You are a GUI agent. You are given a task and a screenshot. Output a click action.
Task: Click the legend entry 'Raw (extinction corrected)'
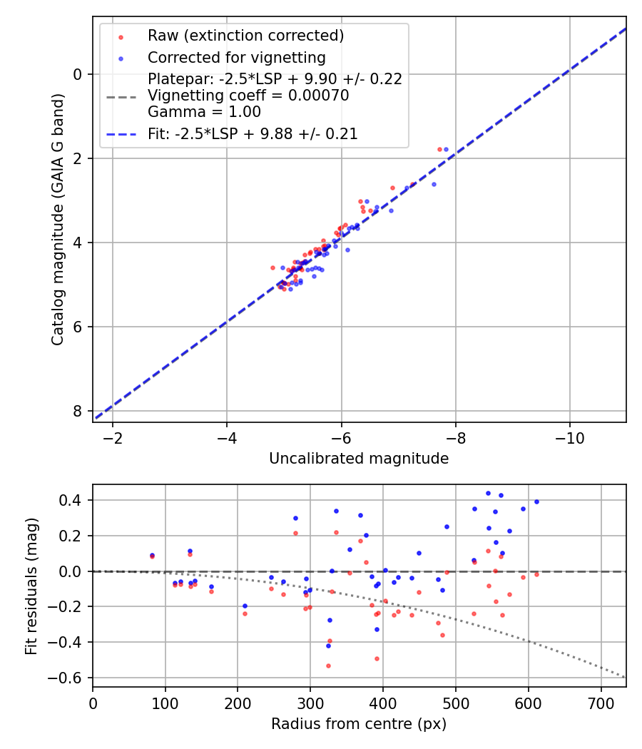[245, 36]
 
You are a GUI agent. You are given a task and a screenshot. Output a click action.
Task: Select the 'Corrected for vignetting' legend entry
[236, 58]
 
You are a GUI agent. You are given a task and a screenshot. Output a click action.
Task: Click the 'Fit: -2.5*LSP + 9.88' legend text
[253, 133]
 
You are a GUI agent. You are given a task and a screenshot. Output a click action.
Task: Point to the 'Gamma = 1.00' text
[204, 112]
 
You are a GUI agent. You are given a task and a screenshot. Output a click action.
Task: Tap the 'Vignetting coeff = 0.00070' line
[248, 96]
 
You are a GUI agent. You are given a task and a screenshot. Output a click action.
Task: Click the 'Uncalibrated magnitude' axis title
[359, 459]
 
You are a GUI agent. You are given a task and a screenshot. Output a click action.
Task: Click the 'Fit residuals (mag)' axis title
[31, 586]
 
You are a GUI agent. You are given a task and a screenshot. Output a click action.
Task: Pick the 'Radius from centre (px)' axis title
[359, 723]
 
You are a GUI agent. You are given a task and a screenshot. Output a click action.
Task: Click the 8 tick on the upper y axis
[78, 411]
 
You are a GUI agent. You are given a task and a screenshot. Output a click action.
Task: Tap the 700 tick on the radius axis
[601, 702]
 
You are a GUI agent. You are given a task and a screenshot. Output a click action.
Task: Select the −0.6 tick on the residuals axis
[71, 678]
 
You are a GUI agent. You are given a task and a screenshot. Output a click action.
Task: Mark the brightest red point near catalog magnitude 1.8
[439, 149]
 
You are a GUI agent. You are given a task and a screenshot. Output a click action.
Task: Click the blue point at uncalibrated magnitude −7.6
[434, 184]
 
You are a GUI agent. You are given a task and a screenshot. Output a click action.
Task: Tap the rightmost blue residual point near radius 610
[536, 501]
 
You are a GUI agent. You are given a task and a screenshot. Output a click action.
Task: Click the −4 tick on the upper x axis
[227, 437]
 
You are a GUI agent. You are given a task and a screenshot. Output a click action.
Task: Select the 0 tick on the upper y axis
[78, 74]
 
